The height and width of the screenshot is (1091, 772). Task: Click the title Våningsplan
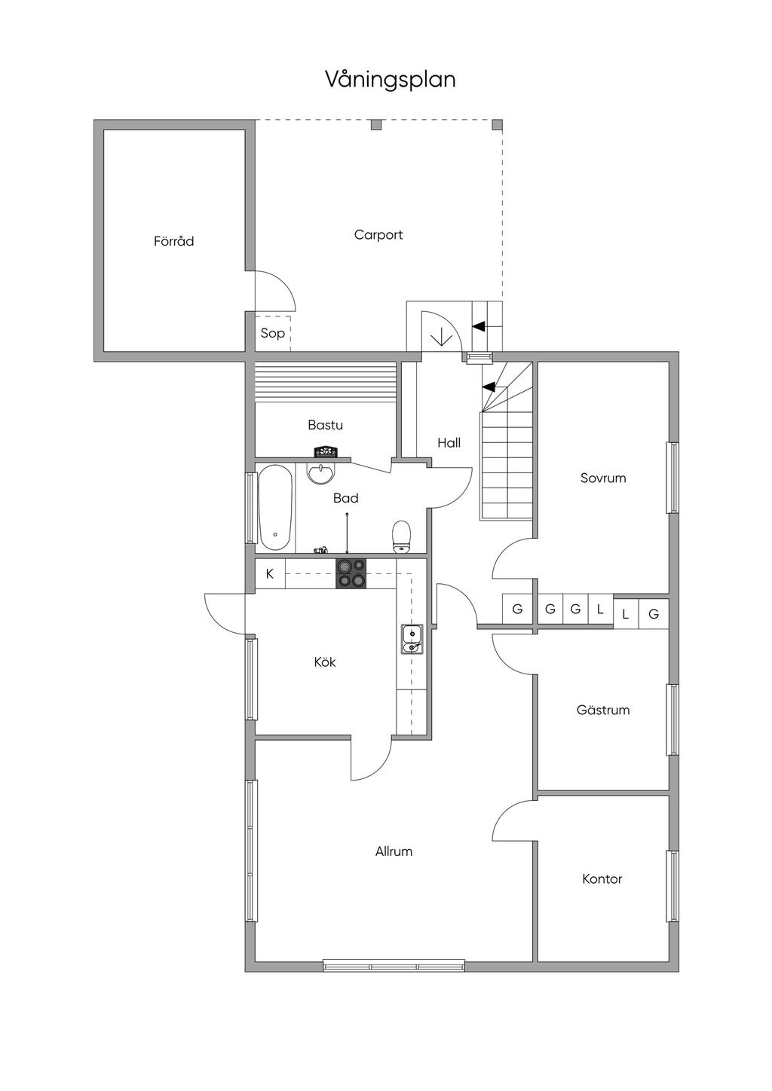(x=390, y=79)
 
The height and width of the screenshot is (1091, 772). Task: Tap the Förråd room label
(x=173, y=241)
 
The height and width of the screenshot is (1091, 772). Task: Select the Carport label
(x=378, y=235)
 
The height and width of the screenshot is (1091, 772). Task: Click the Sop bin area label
(x=272, y=333)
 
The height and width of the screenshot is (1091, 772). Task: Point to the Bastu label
(x=325, y=425)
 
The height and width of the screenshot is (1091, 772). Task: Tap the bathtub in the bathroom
(x=275, y=508)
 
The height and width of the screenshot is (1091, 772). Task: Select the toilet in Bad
(x=402, y=536)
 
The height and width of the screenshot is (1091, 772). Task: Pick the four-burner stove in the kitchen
(x=351, y=573)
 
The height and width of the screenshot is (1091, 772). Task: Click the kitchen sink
(x=411, y=639)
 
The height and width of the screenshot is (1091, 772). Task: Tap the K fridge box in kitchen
(x=270, y=574)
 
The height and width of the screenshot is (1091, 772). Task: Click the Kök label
(x=325, y=662)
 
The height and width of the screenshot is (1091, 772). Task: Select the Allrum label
(x=394, y=851)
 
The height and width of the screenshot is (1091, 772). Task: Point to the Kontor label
(x=602, y=879)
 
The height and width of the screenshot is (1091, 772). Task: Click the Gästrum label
(x=602, y=710)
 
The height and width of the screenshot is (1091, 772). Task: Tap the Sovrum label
(x=603, y=478)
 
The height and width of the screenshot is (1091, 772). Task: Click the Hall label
(x=449, y=443)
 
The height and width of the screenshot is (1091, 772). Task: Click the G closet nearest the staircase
(x=517, y=609)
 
